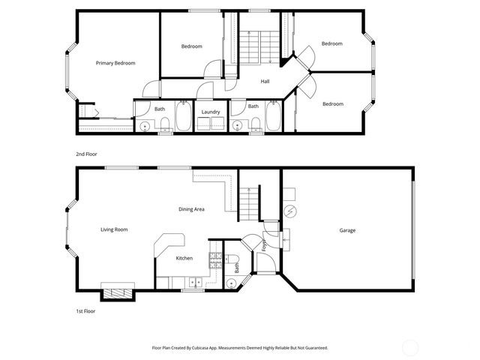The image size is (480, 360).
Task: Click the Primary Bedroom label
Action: (115, 63)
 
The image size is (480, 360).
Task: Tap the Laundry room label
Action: (211, 112)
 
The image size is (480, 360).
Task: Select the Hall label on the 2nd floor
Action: (265, 81)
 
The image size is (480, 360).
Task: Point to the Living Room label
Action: (114, 229)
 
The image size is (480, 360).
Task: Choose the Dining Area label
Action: (191, 209)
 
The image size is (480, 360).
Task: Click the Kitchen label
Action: (184, 258)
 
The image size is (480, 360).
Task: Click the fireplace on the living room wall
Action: (118, 292)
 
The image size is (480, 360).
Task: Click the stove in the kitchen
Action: (214, 260)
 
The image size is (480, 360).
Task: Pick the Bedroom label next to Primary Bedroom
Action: (192, 46)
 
